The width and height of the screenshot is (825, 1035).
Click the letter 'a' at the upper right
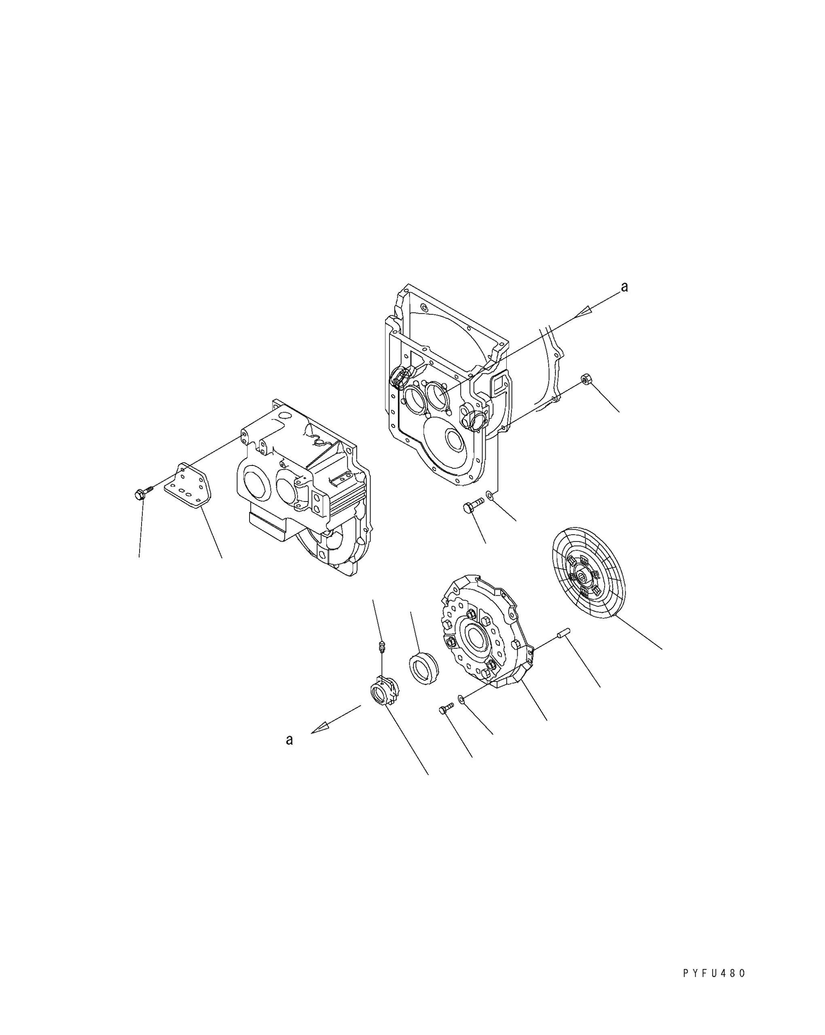pyautogui.click(x=624, y=287)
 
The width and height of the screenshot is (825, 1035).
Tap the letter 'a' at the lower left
pyautogui.click(x=290, y=740)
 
